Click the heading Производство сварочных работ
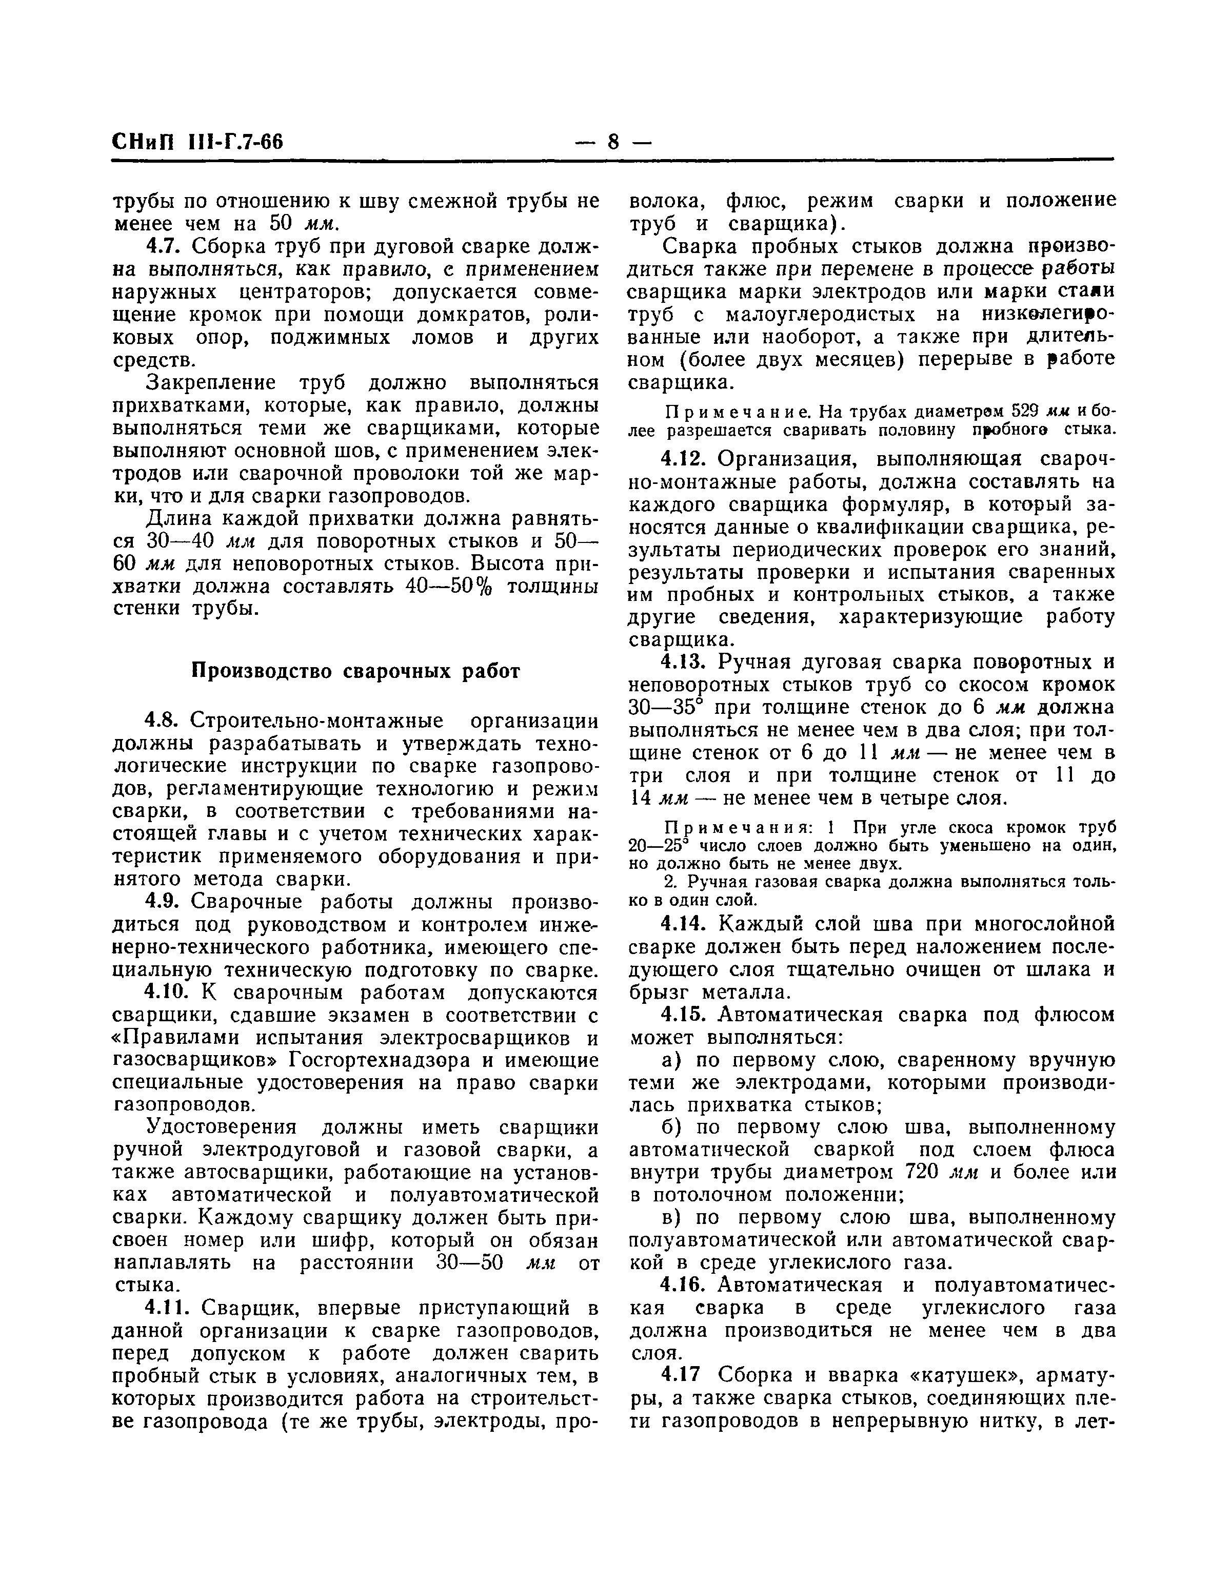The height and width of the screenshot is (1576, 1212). (x=355, y=672)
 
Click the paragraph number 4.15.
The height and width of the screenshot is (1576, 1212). (x=683, y=1015)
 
